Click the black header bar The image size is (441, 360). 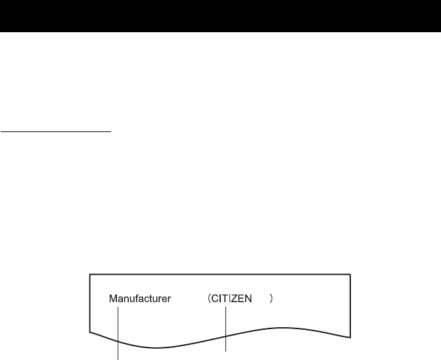pyautogui.click(x=220, y=16)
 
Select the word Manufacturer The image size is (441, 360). pyautogui.click(x=140, y=299)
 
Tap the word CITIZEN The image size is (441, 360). pyautogui.click(x=238, y=299)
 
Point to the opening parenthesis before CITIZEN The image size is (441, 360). pyautogui.click(x=210, y=299)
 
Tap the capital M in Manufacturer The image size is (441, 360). pyautogui.click(x=112, y=299)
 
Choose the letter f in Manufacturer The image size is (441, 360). pyautogui.click(x=139, y=299)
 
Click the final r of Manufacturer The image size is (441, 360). pyautogui.click(x=169, y=299)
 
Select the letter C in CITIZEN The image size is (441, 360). pyautogui.click(x=218, y=299)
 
